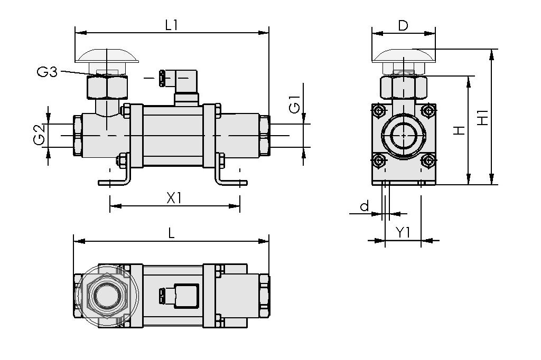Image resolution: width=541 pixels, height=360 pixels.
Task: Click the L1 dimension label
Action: tap(171, 24)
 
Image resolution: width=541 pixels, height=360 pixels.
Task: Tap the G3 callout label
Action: tap(47, 72)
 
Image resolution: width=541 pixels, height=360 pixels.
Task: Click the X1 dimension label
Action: tap(174, 198)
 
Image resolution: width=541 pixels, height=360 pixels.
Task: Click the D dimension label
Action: tap(403, 25)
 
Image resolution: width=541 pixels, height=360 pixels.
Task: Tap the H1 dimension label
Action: tap(482, 117)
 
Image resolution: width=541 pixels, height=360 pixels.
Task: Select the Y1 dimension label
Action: tap(403, 232)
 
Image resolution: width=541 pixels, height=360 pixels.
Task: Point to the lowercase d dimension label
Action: tap(365, 206)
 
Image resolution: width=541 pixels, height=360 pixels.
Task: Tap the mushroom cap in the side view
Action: tap(107, 55)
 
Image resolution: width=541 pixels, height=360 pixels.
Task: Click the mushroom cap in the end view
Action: tap(404, 55)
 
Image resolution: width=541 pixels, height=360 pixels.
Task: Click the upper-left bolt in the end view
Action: tap(378, 111)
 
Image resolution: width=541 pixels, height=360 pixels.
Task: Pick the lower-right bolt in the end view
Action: tap(428, 161)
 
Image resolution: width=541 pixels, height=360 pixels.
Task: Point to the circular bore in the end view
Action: tap(404, 135)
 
